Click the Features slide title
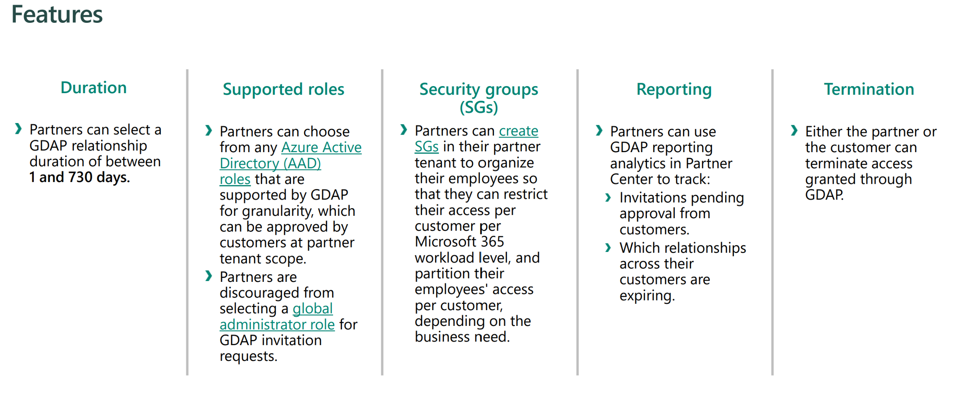[57, 14]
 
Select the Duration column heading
[94, 88]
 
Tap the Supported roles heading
[284, 89]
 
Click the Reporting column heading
[674, 90]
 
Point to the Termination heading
[869, 89]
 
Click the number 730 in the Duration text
[80, 177]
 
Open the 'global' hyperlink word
[313, 308]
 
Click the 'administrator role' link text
[277, 324]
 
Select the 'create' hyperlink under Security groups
[519, 131]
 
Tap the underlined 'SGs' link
[427, 147]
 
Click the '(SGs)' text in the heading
[479, 107]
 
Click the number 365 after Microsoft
[492, 242]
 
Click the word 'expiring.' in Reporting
[647, 296]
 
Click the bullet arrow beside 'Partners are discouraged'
[209, 276]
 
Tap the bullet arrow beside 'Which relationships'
[608, 248]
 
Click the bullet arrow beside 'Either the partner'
[794, 131]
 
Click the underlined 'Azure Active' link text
[321, 148]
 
